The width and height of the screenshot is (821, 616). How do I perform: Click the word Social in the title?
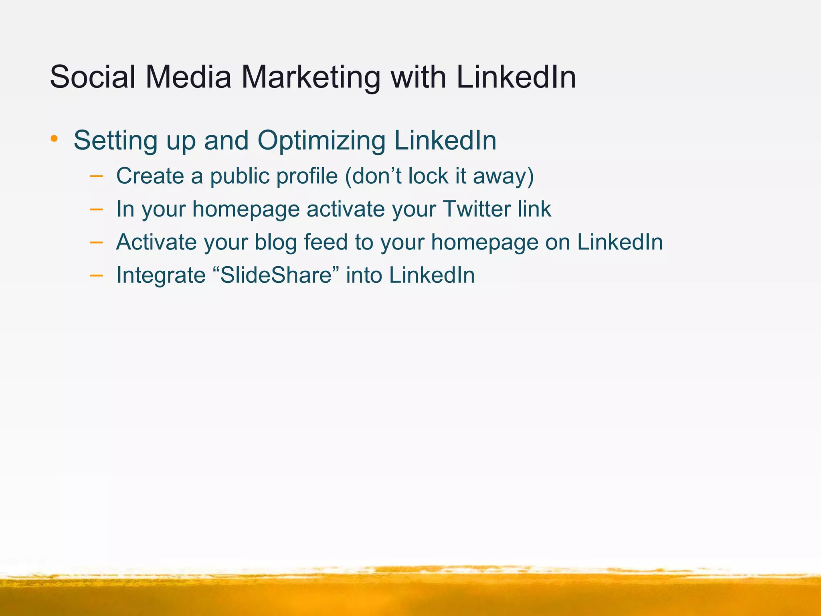pyautogui.click(x=93, y=77)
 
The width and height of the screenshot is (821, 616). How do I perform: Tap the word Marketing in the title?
pyautogui.click(x=311, y=78)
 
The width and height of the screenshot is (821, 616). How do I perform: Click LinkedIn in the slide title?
pyautogui.click(x=516, y=77)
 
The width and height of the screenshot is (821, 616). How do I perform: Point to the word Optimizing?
pyautogui.click(x=321, y=141)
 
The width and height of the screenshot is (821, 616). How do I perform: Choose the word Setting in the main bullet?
pyautogui.click(x=116, y=141)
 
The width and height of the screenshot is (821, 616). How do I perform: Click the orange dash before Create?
pyautogui.click(x=96, y=176)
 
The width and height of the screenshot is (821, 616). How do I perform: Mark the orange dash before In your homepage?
pyautogui.click(x=96, y=209)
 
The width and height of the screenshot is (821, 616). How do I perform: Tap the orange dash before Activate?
pyautogui.click(x=96, y=242)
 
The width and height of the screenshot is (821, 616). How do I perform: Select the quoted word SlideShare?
pyautogui.click(x=277, y=275)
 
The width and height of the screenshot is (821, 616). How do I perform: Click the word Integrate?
pyautogui.click(x=161, y=276)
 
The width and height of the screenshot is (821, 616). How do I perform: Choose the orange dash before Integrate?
pyautogui.click(x=96, y=275)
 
